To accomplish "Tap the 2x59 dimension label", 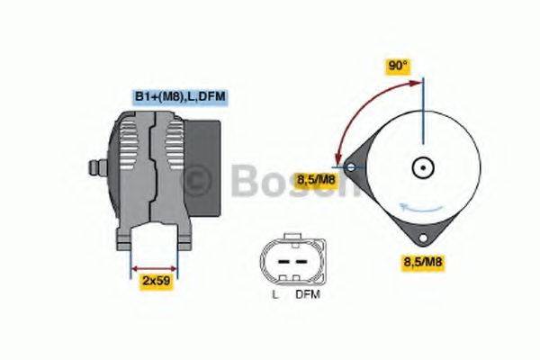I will coord(156,281).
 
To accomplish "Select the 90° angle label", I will coord(398,66).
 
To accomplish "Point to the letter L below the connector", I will coord(274,293).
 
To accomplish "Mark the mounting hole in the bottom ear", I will coord(422,239).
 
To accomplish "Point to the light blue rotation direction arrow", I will coord(423,208).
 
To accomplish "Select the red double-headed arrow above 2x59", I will coord(155,267).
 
